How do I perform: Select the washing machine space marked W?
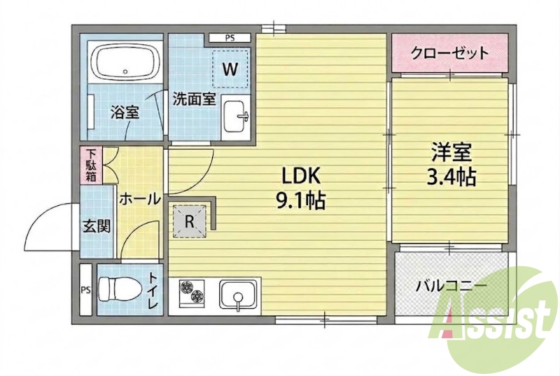tap(230, 69)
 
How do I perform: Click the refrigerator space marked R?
tap(189, 221)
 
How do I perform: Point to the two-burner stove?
tap(191, 291)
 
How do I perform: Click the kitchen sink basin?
tap(238, 293)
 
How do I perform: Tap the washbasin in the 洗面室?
tap(234, 116)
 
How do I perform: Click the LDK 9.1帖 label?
tap(300, 188)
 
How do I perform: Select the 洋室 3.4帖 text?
tap(451, 165)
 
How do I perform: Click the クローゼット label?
tap(449, 53)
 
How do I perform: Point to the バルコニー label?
tap(451, 286)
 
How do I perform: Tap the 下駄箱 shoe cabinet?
tap(91, 165)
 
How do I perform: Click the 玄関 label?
tap(97, 225)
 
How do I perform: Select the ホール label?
tap(139, 199)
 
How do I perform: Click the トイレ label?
tap(153, 291)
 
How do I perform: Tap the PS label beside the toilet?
tap(85, 290)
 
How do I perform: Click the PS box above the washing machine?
tap(230, 38)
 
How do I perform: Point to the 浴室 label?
tap(125, 113)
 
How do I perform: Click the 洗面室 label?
tap(195, 99)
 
